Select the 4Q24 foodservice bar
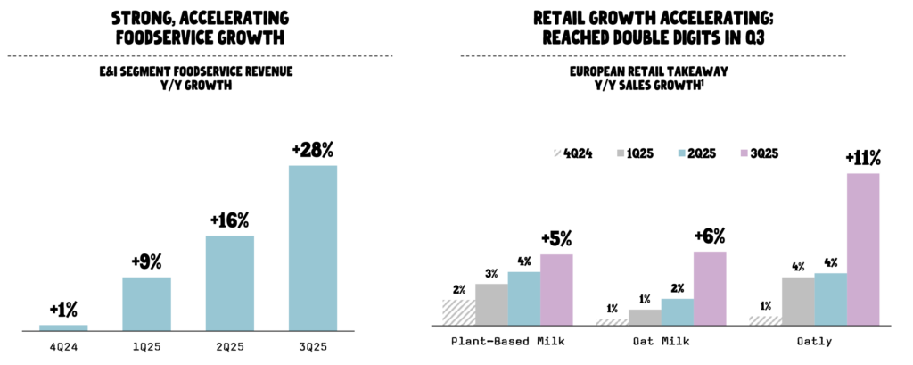point(63,328)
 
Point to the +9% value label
point(146,262)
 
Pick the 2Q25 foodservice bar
point(229,284)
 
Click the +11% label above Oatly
point(863,159)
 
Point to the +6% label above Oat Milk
point(710,236)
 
